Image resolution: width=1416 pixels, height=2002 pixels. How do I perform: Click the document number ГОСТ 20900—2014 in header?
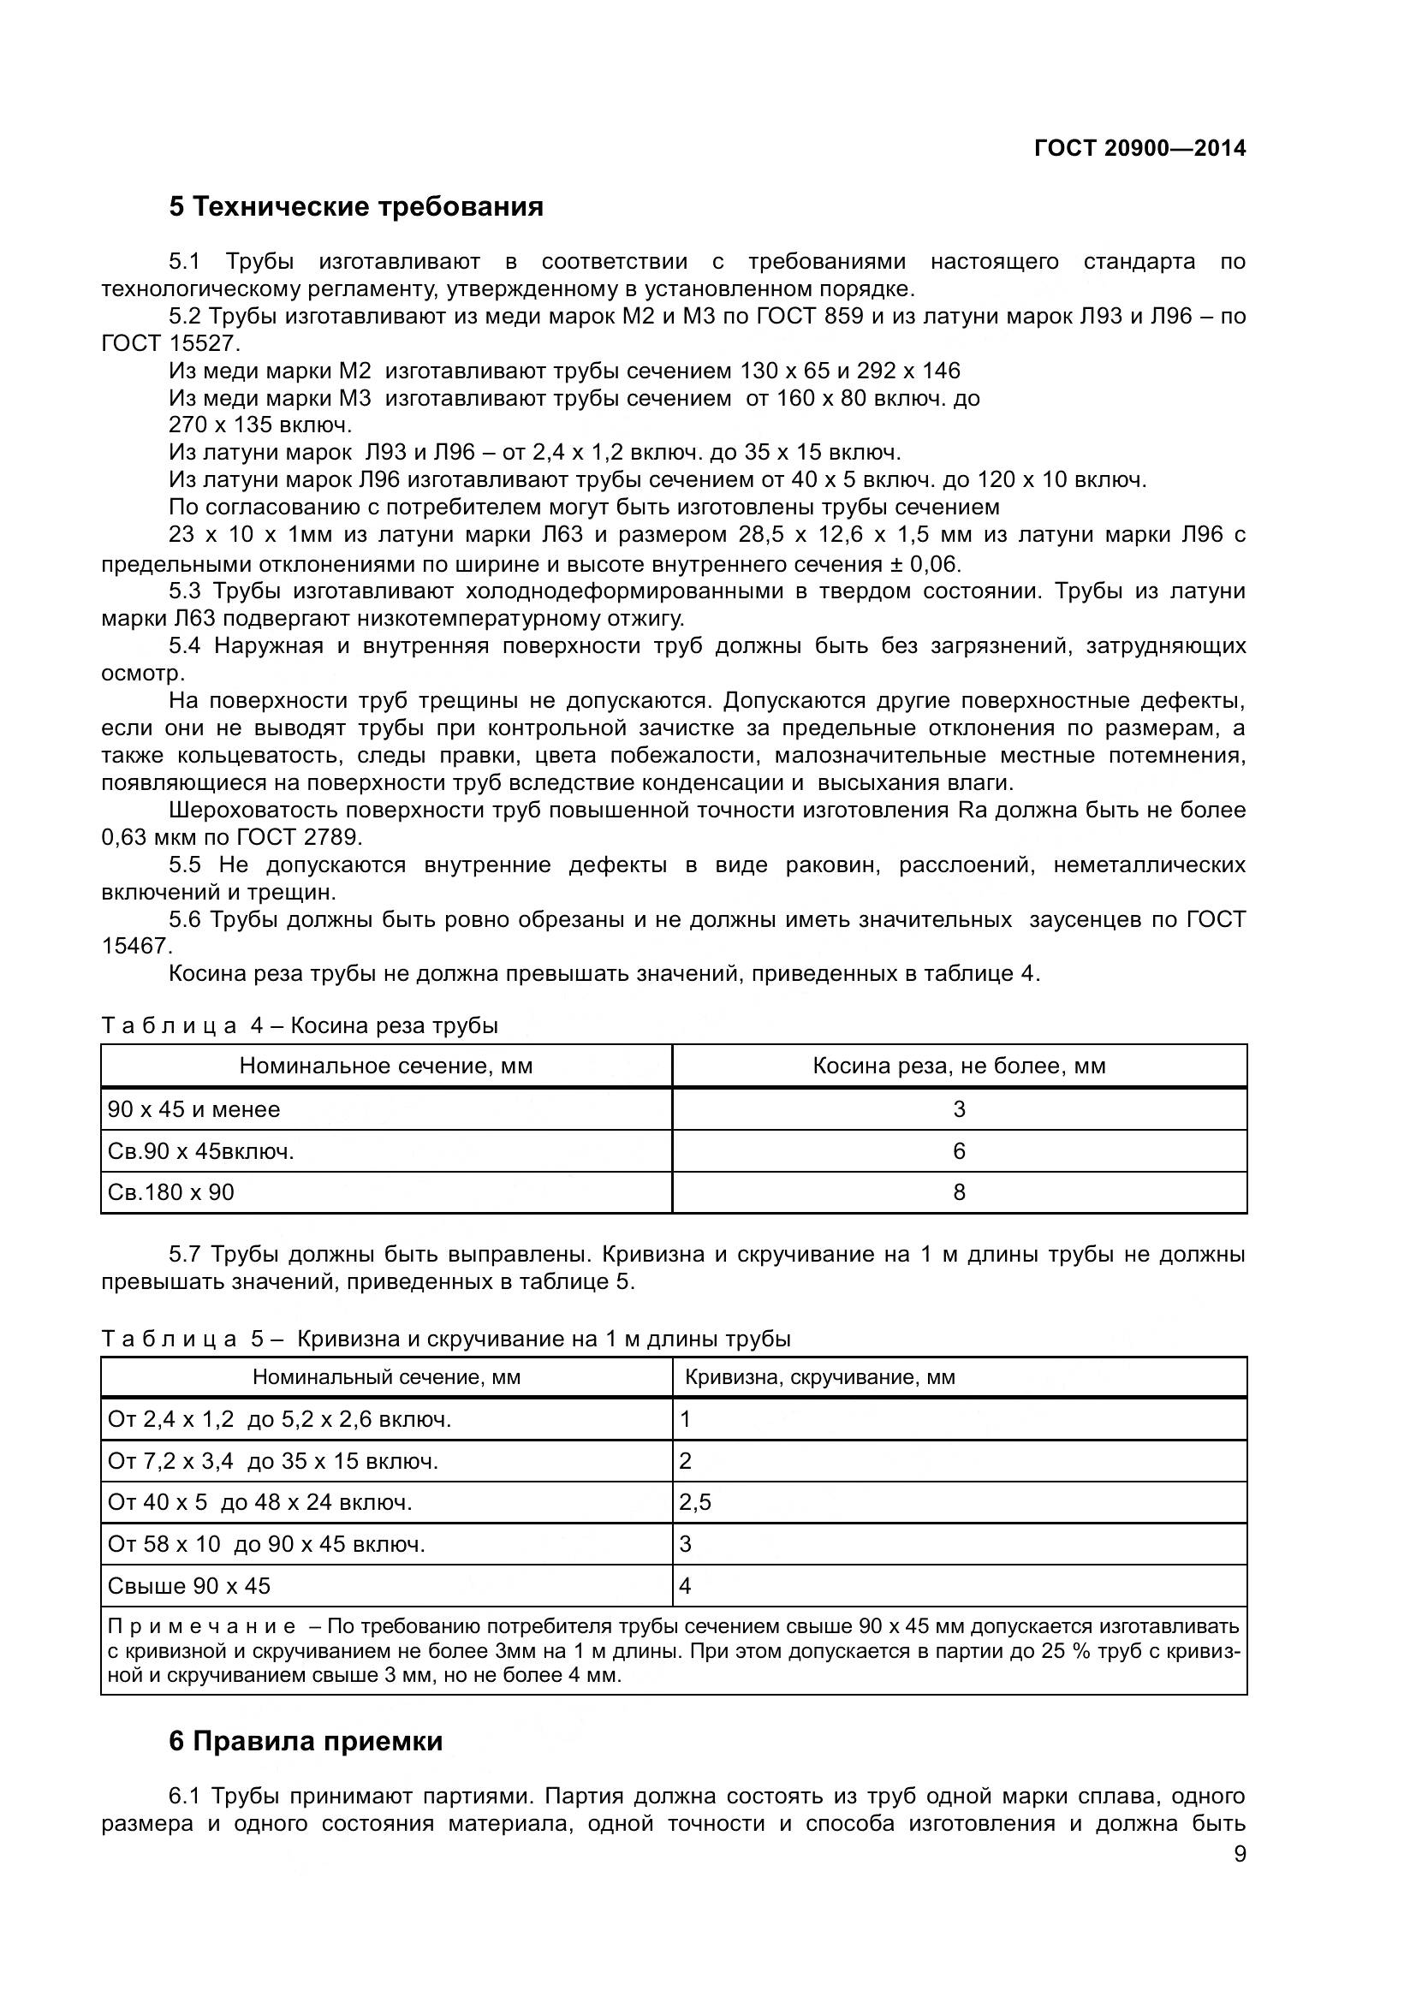point(1139,148)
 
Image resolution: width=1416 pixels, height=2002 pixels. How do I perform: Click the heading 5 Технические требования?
point(356,206)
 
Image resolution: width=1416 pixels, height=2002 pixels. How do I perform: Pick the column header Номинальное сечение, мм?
point(385,1066)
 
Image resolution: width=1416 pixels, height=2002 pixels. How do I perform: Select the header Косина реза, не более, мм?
point(959,1066)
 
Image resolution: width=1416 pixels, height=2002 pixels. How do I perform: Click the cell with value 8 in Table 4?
point(959,1192)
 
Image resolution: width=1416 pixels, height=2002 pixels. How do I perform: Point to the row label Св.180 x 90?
point(171,1192)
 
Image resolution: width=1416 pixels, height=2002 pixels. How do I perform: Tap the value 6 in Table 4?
point(959,1151)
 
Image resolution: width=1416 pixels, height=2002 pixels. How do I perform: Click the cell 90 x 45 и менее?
point(193,1109)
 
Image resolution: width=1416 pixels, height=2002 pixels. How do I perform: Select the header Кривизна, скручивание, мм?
point(819,1377)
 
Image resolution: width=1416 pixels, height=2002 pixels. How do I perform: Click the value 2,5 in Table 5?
point(695,1501)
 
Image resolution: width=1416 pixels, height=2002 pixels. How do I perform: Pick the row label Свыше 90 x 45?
point(188,1585)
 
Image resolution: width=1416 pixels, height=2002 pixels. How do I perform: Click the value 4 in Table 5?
point(686,1585)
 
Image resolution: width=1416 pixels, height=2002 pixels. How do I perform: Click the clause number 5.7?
point(185,1254)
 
